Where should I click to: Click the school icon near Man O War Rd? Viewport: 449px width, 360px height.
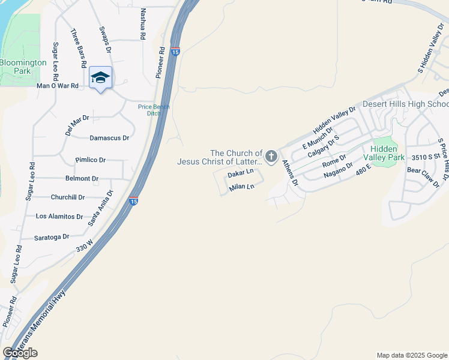tap(100, 78)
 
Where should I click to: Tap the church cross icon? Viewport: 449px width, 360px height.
tap(271, 157)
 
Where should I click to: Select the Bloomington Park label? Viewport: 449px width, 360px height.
tap(23, 67)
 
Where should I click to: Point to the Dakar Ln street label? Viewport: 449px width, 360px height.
tap(241, 173)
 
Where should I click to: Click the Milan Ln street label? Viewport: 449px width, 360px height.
tap(242, 187)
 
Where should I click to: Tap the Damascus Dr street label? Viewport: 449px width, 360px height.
tap(109, 138)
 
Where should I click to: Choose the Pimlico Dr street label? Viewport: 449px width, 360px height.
tap(91, 160)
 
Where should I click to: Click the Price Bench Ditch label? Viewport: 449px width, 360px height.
tap(154, 110)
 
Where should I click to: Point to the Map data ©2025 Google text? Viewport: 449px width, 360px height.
tap(411, 355)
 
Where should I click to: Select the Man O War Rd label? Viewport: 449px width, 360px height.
tap(58, 86)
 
